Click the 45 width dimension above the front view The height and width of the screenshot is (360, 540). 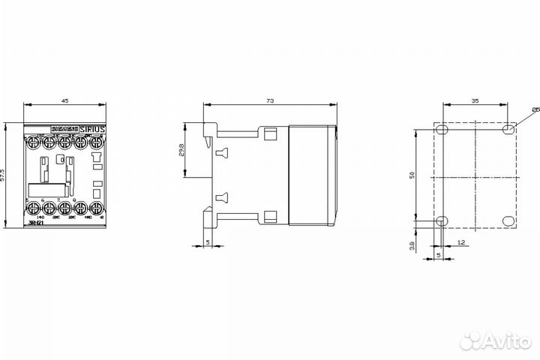point(64,100)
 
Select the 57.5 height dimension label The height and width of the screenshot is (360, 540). point(4,175)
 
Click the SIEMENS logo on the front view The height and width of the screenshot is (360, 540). point(64,129)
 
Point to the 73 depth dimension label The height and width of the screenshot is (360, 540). point(269,100)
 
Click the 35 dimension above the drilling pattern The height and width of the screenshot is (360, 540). point(475,100)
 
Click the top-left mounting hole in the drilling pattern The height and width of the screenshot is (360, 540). point(442,130)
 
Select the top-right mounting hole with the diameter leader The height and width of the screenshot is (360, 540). point(509,130)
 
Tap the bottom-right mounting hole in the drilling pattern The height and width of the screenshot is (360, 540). point(509,221)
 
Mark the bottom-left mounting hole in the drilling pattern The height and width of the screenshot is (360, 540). point(442,221)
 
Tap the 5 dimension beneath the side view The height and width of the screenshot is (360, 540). point(208,243)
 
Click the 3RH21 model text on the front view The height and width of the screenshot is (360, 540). point(34,223)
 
